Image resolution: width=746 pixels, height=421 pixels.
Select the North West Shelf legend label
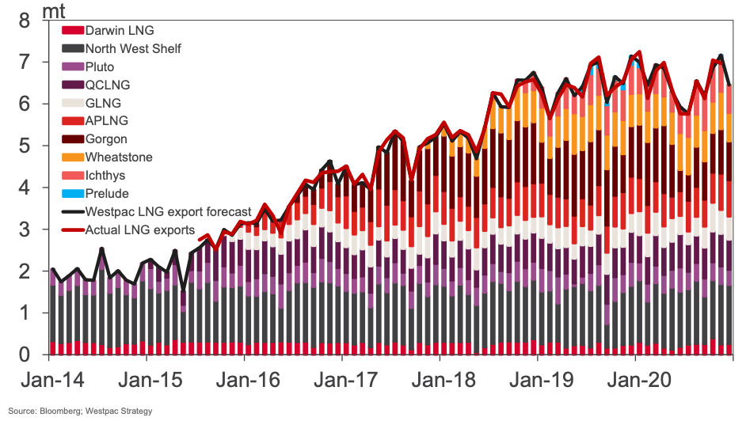click(133, 49)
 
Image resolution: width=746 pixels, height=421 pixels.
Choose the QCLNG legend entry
click(108, 85)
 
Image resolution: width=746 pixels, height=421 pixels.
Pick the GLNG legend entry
click(102, 103)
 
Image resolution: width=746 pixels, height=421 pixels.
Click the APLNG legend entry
click(106, 121)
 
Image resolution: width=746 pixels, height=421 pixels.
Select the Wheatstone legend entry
click(118, 157)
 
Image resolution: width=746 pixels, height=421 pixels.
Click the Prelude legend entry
click(106, 193)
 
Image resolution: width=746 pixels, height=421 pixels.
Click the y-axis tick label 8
click(24, 20)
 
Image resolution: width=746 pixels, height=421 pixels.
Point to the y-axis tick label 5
click(24, 146)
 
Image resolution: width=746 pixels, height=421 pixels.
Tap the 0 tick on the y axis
click(24, 355)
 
